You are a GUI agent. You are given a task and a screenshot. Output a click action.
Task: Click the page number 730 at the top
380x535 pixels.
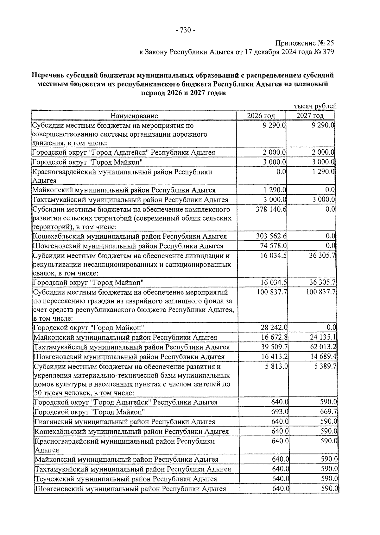[185, 30]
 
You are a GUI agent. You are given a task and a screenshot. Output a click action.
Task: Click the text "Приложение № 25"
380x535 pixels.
[305, 43]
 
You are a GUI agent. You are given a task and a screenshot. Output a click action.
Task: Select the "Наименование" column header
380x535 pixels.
[134, 116]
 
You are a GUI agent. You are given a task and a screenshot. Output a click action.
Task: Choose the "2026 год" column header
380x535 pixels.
[261, 116]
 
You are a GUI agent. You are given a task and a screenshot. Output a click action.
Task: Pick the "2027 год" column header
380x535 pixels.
[310, 116]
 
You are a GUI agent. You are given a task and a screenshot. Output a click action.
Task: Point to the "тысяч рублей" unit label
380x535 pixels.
[315, 106]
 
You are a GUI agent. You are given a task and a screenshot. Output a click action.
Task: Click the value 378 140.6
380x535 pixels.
[271, 209]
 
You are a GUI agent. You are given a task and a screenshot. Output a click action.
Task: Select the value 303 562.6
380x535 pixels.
[271, 236]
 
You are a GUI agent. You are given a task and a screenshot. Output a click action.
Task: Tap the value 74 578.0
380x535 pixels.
[274, 246]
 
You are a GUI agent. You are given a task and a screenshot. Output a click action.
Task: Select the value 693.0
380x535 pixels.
[280, 412]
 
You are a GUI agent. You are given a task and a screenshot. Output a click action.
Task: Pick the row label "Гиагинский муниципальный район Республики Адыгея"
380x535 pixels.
[125, 422]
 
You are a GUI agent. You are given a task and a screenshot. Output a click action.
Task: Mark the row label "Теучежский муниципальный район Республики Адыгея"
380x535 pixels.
[126, 479]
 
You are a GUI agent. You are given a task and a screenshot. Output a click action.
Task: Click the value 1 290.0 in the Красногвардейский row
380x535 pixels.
[323, 172]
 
